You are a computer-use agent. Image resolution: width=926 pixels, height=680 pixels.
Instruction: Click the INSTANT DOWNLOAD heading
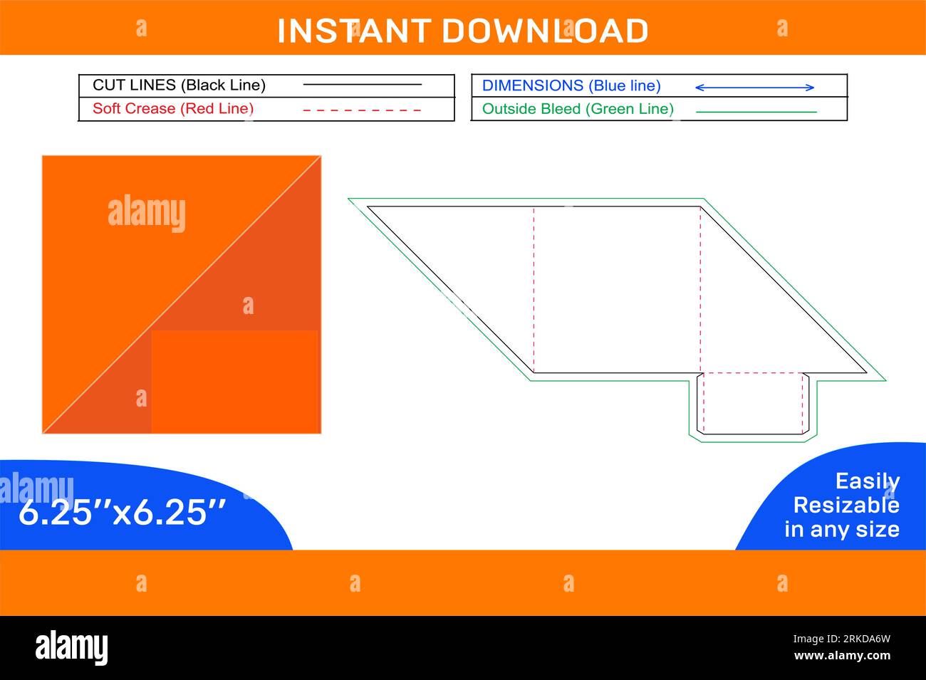(x=462, y=31)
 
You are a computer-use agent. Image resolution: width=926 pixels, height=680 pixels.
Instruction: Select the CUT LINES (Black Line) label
(x=179, y=85)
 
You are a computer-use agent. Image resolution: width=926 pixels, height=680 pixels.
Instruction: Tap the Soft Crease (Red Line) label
(x=173, y=109)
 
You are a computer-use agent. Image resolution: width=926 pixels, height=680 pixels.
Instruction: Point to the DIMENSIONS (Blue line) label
(x=571, y=86)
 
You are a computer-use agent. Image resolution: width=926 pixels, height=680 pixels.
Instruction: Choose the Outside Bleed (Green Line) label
(x=578, y=109)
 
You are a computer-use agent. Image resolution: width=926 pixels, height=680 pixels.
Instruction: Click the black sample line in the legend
(x=362, y=85)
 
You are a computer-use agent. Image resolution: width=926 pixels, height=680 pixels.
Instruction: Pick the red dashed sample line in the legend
(x=362, y=110)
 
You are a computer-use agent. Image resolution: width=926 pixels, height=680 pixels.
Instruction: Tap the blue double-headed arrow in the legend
(x=754, y=88)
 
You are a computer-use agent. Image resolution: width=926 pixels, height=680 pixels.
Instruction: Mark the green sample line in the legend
(x=756, y=112)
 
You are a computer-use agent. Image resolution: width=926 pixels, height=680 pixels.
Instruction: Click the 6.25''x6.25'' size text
(x=122, y=512)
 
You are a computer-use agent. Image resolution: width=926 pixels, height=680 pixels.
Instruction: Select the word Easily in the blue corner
(x=867, y=481)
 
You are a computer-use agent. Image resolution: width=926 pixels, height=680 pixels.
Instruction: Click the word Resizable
(x=846, y=505)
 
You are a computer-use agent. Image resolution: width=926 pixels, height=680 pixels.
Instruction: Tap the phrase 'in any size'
(x=841, y=529)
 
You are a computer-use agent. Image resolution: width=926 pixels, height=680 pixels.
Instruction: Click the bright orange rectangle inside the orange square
(x=234, y=382)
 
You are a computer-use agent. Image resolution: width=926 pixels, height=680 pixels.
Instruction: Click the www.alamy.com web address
(x=842, y=656)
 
